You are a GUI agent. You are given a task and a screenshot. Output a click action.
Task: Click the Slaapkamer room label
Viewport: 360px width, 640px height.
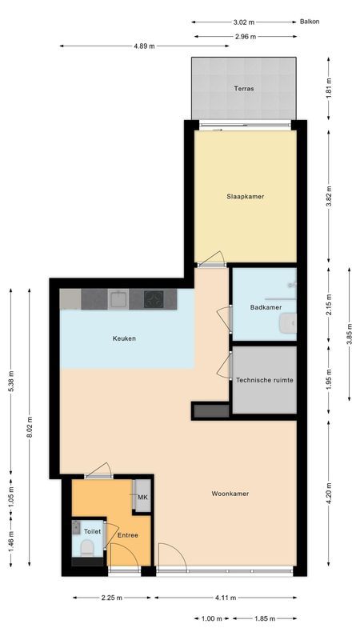(244, 196)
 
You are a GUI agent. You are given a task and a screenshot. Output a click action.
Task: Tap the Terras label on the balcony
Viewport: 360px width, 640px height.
(244, 89)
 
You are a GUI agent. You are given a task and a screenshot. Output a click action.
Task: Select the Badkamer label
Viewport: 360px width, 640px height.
(264, 307)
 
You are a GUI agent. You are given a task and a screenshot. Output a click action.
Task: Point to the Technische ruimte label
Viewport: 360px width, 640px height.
(265, 381)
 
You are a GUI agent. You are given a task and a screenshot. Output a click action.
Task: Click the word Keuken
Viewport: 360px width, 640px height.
(124, 338)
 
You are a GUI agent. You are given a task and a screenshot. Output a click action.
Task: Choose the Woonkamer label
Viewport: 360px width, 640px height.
(230, 494)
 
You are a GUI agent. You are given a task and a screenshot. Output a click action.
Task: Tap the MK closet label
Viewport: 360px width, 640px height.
(142, 498)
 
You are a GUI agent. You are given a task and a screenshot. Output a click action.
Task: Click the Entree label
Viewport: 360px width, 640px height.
(128, 535)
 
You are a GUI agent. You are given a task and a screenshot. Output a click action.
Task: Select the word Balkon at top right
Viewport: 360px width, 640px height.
(310, 22)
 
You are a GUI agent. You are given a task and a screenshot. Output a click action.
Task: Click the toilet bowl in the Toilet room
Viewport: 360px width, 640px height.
(86, 547)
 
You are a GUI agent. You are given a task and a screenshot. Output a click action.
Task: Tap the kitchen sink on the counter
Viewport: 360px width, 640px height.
(119, 299)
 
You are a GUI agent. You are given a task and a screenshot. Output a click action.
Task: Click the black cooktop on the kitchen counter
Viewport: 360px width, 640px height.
(154, 299)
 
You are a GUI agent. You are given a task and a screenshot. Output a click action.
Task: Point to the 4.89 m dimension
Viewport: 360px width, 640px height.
(145, 46)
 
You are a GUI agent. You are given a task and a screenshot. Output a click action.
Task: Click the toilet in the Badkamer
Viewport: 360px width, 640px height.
(288, 322)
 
